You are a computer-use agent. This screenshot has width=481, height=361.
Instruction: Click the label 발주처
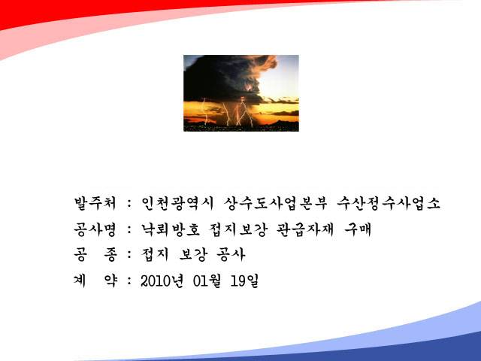point(95,203)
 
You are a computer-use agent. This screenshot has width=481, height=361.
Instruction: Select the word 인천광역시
point(177,203)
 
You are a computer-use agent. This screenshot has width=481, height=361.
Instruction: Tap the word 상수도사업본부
point(276,203)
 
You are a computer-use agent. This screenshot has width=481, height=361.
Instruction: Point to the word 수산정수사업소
point(389,203)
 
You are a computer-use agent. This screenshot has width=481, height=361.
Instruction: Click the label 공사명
point(95,229)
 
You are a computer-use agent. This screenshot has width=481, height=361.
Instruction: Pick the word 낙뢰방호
point(171,229)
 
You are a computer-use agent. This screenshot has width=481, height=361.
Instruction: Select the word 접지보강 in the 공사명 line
point(238,229)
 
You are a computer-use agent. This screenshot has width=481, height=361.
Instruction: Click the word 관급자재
point(305,229)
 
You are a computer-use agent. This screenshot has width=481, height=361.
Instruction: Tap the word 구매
point(358,229)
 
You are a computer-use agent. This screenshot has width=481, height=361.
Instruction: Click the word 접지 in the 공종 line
point(155,254)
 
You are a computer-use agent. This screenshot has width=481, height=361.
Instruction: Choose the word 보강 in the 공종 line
point(193,254)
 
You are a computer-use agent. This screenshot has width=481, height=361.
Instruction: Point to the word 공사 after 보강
point(231,254)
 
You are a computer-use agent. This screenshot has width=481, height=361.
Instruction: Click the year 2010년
point(162,281)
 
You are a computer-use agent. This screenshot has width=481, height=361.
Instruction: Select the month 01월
point(207,281)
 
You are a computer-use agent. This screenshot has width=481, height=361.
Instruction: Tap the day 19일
point(244,281)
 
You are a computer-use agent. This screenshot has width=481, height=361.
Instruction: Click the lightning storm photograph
point(241,93)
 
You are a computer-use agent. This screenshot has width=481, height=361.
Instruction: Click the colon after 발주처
point(129,204)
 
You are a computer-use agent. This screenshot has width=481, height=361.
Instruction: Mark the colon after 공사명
point(129,229)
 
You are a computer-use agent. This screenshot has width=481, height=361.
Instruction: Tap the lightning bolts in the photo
point(233,112)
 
